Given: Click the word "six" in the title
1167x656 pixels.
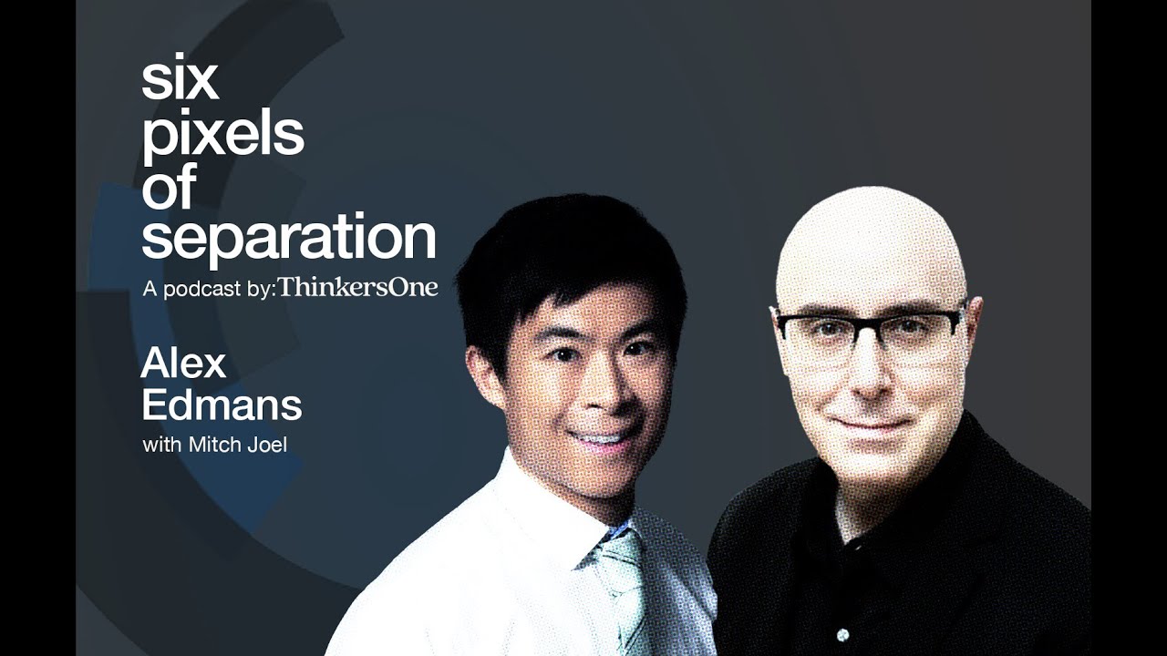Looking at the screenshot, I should click(180, 81).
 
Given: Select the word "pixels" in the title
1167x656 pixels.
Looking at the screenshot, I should click(222, 134).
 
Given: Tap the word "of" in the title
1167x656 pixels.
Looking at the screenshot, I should click(169, 187).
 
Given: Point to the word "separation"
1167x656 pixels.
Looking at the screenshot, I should click(288, 238).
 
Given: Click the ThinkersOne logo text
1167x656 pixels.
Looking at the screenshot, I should click(358, 288).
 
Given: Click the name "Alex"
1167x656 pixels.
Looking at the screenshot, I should click(183, 364).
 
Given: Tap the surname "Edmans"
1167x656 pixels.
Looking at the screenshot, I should click(222, 406).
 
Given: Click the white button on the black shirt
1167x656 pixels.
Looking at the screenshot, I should click(842, 634).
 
